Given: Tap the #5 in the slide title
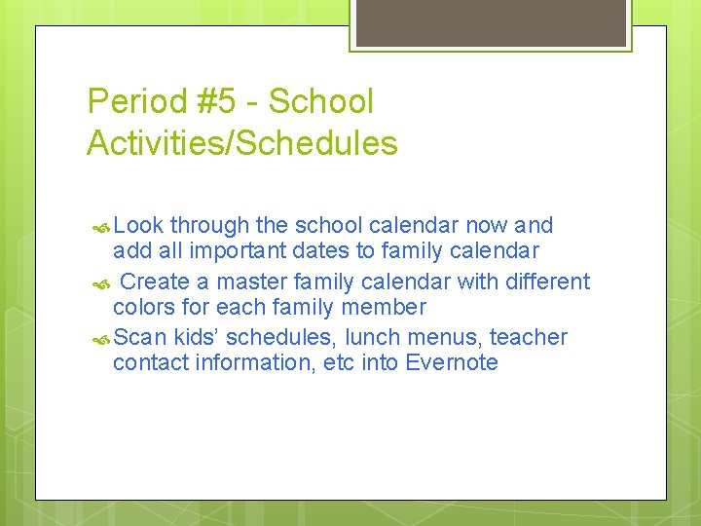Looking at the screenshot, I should coord(220,101).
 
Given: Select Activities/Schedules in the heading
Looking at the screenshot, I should coord(242,144).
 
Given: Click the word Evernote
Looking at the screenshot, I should coord(452,363).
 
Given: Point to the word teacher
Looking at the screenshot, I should coord(529,338).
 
